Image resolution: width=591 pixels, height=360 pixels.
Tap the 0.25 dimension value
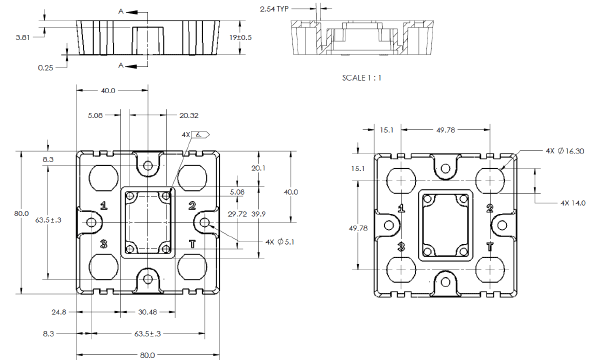[46, 67]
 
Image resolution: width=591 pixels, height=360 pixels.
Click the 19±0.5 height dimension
[240, 37]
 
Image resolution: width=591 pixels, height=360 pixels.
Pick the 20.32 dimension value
[189, 115]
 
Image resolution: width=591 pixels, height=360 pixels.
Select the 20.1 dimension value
[258, 168]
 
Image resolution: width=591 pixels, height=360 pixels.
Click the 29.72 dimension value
[238, 214]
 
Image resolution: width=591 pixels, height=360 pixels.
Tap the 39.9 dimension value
[259, 214]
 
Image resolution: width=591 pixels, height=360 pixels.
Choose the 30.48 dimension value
[146, 312]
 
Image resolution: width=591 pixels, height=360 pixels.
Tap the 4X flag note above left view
[193, 133]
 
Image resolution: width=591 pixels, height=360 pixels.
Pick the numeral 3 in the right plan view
[401, 245]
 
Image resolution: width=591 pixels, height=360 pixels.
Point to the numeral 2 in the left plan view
[191, 206]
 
